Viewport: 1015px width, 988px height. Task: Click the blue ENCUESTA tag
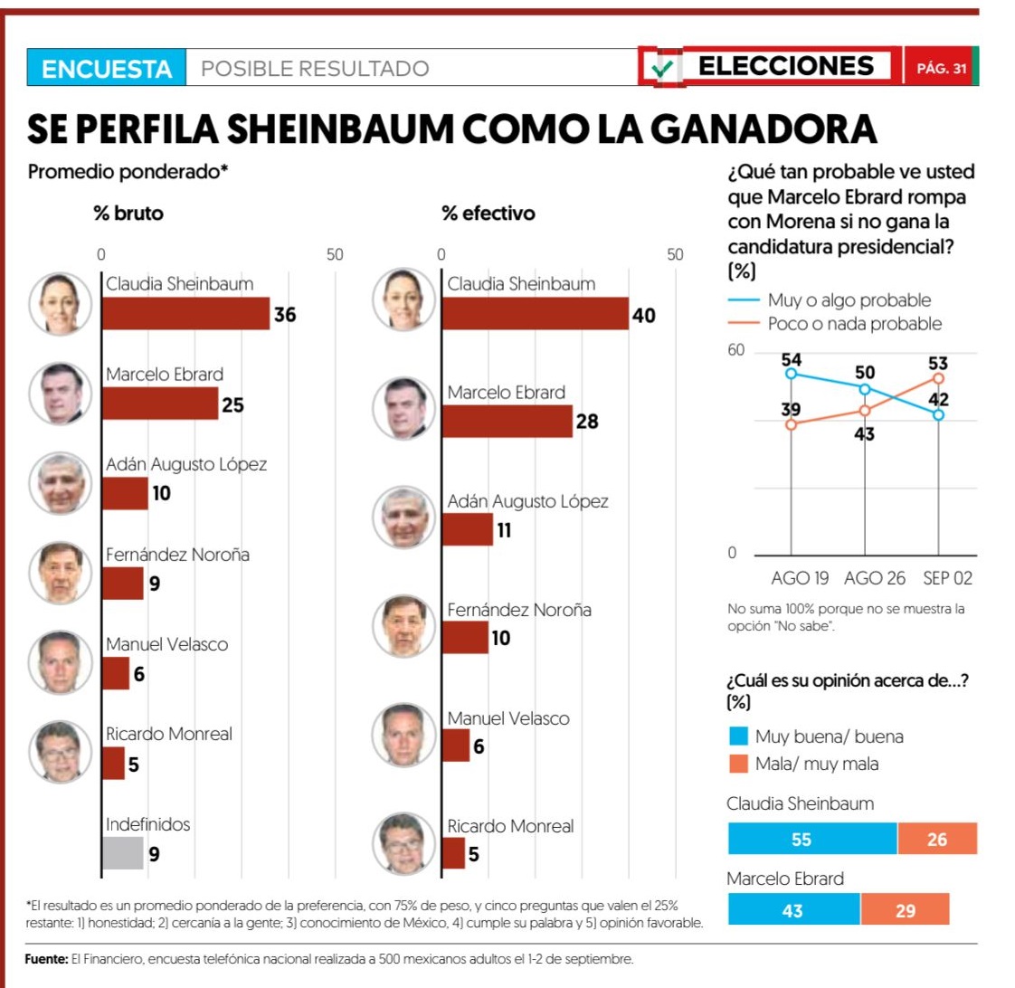tap(107, 69)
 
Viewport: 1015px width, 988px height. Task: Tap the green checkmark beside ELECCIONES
tap(664, 68)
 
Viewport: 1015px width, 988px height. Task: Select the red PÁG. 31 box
tap(940, 69)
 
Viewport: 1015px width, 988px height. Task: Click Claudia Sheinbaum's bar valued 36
tap(185, 313)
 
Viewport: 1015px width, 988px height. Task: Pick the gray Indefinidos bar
tap(122, 853)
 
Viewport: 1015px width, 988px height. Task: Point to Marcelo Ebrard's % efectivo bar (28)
tap(507, 421)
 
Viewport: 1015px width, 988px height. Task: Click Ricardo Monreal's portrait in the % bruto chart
tap(61, 751)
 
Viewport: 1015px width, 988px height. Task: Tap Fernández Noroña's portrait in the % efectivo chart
tap(404, 626)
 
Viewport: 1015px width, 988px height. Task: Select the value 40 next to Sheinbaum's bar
tap(644, 316)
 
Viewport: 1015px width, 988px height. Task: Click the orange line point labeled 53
tap(939, 378)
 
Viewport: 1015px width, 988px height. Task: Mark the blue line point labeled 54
tap(792, 373)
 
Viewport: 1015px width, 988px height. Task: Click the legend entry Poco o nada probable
tap(854, 324)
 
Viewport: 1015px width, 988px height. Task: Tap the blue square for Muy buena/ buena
tap(738, 736)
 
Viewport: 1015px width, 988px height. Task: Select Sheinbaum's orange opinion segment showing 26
tap(937, 839)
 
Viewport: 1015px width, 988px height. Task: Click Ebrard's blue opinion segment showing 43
tap(793, 909)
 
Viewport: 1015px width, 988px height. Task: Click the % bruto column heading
tap(128, 214)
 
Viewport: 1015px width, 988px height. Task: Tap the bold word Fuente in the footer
tap(46, 959)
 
